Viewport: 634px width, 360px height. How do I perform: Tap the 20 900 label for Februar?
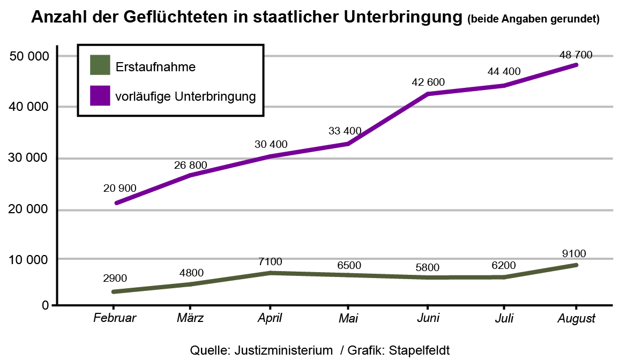[x=120, y=189]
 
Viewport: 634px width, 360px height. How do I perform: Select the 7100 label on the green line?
[x=270, y=261]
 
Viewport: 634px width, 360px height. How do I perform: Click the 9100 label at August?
[x=575, y=254]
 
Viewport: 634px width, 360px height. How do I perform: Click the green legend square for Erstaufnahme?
[x=100, y=66]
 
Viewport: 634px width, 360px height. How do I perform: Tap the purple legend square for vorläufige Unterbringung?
[x=100, y=96]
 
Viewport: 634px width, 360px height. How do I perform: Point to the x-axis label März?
[x=190, y=318]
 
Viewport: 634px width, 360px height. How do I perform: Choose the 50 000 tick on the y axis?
[x=30, y=57]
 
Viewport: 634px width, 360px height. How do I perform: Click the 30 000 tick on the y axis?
[x=30, y=159]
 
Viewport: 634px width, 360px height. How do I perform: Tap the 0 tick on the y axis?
[x=46, y=306]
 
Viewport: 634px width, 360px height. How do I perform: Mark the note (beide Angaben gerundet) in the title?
[x=533, y=19]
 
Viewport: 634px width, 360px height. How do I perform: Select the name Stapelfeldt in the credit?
[x=419, y=350]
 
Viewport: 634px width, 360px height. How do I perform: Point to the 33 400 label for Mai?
[x=345, y=131]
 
